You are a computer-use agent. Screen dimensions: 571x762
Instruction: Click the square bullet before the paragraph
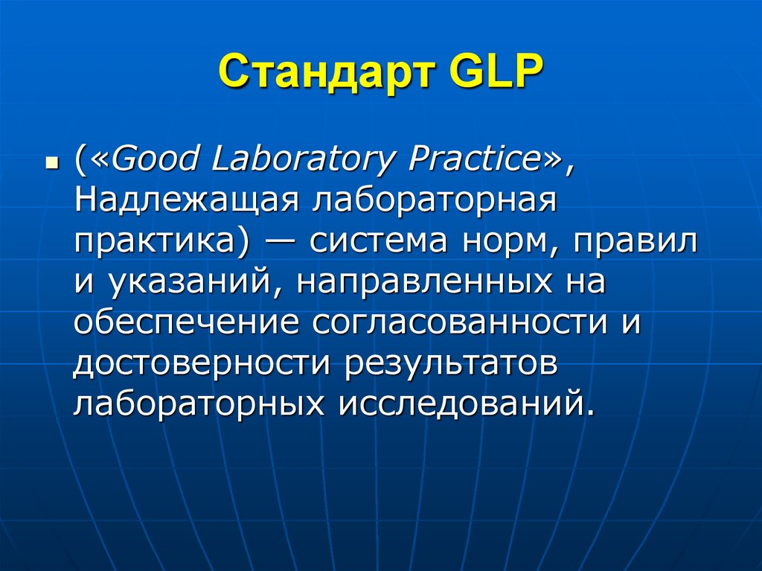click(x=51, y=162)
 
